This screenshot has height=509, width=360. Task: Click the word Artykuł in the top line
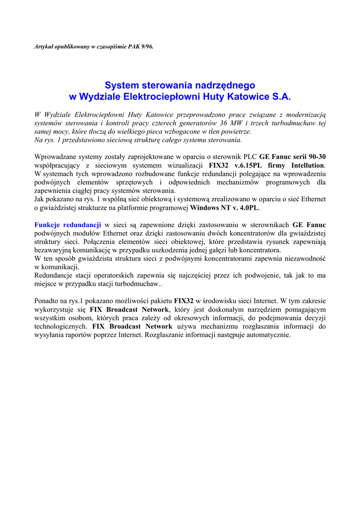[x=44, y=46]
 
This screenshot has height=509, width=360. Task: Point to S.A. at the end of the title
[x=281, y=96]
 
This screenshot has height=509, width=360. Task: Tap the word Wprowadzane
[x=55, y=157]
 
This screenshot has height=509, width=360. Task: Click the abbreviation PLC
[x=250, y=157]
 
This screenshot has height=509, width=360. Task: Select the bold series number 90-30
[x=317, y=157]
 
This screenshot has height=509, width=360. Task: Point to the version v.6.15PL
[x=250, y=165]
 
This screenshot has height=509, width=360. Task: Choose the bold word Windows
[x=204, y=207]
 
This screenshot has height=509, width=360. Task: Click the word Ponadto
[x=47, y=301]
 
